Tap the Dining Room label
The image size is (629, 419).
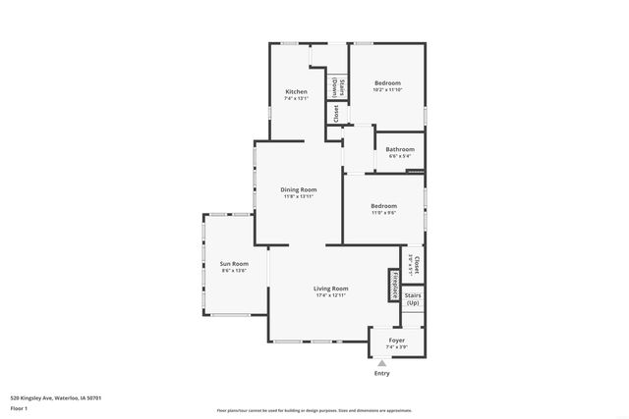click(x=299, y=189)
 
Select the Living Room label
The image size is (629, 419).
click(x=331, y=288)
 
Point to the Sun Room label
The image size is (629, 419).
click(x=233, y=263)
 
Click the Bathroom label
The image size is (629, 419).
click(x=399, y=149)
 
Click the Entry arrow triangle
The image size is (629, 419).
click(x=382, y=363)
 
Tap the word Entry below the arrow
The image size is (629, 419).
click(x=382, y=374)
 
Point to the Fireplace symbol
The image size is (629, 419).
click(x=392, y=286)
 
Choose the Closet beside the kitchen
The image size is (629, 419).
click(x=335, y=113)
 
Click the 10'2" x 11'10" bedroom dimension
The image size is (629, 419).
click(x=387, y=91)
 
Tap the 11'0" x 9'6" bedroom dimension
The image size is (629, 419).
click(x=382, y=212)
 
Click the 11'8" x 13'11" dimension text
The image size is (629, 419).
click(x=299, y=196)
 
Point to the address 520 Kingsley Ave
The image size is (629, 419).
click(x=56, y=397)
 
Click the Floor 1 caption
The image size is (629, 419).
click(x=20, y=408)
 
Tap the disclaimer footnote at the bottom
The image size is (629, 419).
click(x=314, y=410)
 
